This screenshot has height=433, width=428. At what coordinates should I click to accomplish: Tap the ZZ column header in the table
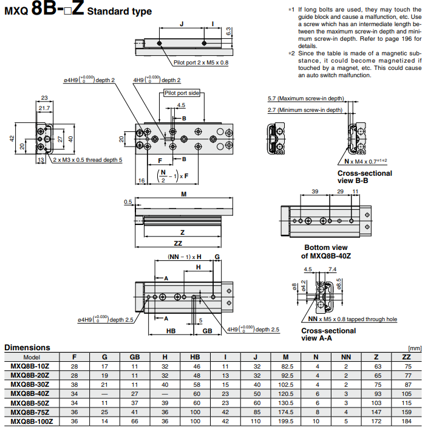point(406,357)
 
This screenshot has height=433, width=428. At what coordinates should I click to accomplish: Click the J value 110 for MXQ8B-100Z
point(256,421)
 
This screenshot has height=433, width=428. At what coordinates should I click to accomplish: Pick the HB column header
point(195,357)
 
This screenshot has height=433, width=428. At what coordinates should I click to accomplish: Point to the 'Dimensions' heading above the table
point(27,347)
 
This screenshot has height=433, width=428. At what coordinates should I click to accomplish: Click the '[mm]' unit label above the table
point(415,348)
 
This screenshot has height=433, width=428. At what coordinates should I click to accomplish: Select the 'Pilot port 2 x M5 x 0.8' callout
point(201,62)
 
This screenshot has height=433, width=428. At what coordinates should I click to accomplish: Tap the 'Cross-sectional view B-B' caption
point(365,177)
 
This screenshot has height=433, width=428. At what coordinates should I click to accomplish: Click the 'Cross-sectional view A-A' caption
point(328,334)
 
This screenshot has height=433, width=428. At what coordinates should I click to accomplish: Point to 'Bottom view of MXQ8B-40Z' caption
point(325,252)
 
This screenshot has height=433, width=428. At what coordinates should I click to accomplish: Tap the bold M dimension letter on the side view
point(183,195)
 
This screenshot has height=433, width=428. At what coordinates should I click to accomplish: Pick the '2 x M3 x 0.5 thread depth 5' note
point(87,159)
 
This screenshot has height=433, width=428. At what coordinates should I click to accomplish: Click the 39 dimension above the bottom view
point(314,192)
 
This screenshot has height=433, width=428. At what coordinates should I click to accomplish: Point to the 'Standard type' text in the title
point(120,12)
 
